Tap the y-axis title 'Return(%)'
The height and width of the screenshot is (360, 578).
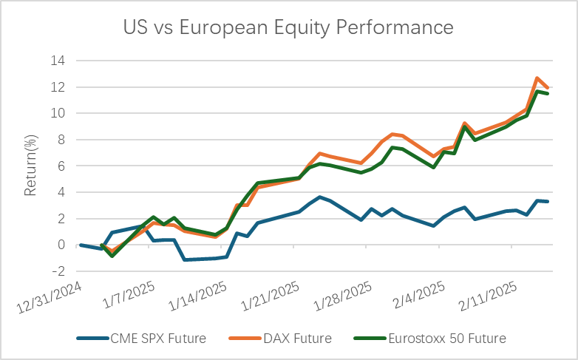coord(30,166)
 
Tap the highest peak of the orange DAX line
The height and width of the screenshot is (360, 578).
coord(537,78)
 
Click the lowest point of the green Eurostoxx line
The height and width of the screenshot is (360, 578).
coord(112,256)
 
